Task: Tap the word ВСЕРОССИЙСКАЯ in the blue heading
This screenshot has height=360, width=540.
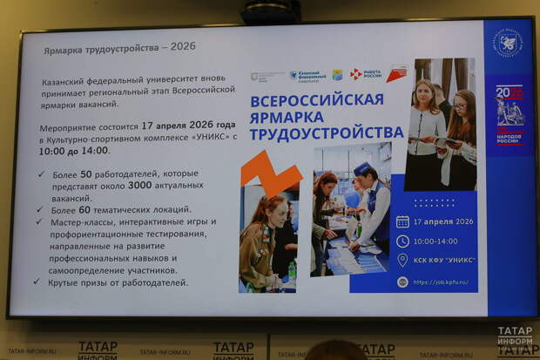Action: [316, 99]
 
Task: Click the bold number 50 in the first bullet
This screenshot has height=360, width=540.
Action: [111, 174]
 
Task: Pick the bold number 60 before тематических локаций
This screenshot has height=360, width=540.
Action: [111, 209]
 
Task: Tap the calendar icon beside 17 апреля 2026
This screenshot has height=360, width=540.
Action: [402, 221]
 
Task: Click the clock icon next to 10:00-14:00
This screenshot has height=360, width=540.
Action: [402, 241]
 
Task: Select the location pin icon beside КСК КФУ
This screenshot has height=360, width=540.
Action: [402, 260]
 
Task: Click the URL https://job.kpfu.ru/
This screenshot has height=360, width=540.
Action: [442, 282]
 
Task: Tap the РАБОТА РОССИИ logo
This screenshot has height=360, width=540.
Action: [366, 75]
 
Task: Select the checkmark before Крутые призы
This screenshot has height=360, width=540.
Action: [43, 282]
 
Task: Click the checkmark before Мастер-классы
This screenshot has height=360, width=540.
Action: [43, 221]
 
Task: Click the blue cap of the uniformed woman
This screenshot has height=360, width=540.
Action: [361, 167]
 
